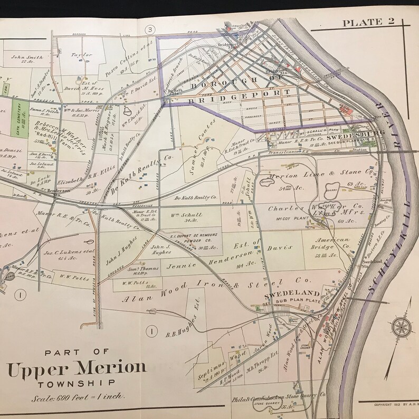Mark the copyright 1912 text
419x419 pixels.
396,405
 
